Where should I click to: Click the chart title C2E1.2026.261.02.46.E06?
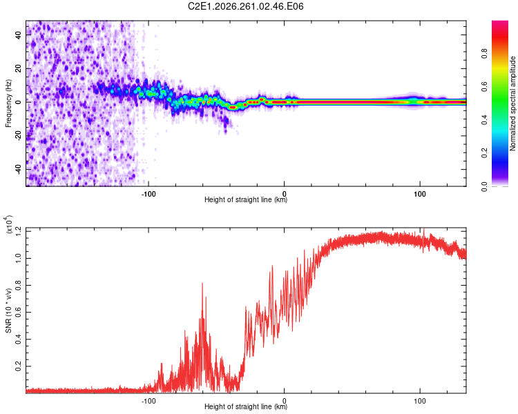tap(245, 6)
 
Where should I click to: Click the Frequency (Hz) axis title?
tap(8, 103)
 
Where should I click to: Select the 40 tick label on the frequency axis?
tap(19, 35)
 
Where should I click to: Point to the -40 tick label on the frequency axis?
tap(19, 168)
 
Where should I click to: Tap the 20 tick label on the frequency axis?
tap(19, 69)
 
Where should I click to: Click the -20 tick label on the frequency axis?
tap(19, 135)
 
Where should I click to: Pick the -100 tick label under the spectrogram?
tap(148, 194)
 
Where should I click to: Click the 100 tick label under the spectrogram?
tap(419, 194)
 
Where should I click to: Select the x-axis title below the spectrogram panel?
tap(246, 199)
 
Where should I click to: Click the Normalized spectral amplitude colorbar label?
tap(512, 103)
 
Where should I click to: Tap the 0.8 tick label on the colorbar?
tap(484, 54)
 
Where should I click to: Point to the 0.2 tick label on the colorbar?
tap(484, 153)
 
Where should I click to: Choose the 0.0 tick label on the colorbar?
tap(484, 186)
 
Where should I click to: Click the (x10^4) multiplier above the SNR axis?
tap(9, 224)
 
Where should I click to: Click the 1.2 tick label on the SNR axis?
tap(19, 231)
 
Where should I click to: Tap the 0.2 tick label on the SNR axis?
tap(19, 366)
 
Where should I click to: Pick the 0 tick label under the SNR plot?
tap(284, 401)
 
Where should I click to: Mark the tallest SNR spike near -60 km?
tap(202, 284)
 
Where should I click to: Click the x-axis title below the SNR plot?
tap(246, 406)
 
